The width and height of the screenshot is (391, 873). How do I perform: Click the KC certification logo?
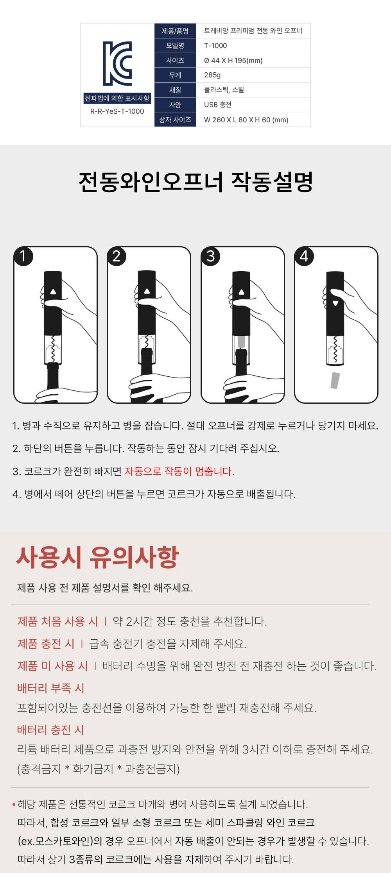click(117, 63)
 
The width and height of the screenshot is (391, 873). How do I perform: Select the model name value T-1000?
click(215, 46)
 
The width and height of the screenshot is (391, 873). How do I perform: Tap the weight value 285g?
click(212, 75)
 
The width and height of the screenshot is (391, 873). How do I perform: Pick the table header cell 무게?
click(175, 75)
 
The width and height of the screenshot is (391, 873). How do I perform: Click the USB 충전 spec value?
click(218, 105)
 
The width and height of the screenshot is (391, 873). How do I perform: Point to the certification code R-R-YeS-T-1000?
click(117, 111)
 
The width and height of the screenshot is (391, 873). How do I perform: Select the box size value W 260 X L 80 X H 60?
click(246, 120)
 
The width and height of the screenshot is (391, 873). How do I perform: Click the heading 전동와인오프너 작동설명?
click(195, 182)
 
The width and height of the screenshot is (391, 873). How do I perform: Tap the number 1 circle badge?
click(23, 256)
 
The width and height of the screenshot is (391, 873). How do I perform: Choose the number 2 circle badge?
click(117, 256)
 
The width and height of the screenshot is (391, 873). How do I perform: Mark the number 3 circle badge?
click(211, 256)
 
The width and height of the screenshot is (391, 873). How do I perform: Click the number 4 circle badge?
click(304, 256)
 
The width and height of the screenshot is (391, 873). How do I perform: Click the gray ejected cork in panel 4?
click(335, 380)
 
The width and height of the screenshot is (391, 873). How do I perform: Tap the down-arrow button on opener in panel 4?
click(335, 303)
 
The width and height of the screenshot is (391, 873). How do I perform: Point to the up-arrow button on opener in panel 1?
click(53, 292)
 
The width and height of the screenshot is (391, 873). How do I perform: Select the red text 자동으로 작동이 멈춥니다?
click(179, 471)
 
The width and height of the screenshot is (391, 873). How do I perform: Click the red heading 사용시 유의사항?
click(97, 557)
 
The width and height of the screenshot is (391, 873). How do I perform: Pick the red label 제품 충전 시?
click(46, 644)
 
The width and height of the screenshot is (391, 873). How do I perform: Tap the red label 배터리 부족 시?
click(51, 688)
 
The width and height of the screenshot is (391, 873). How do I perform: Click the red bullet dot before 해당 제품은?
click(14, 804)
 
